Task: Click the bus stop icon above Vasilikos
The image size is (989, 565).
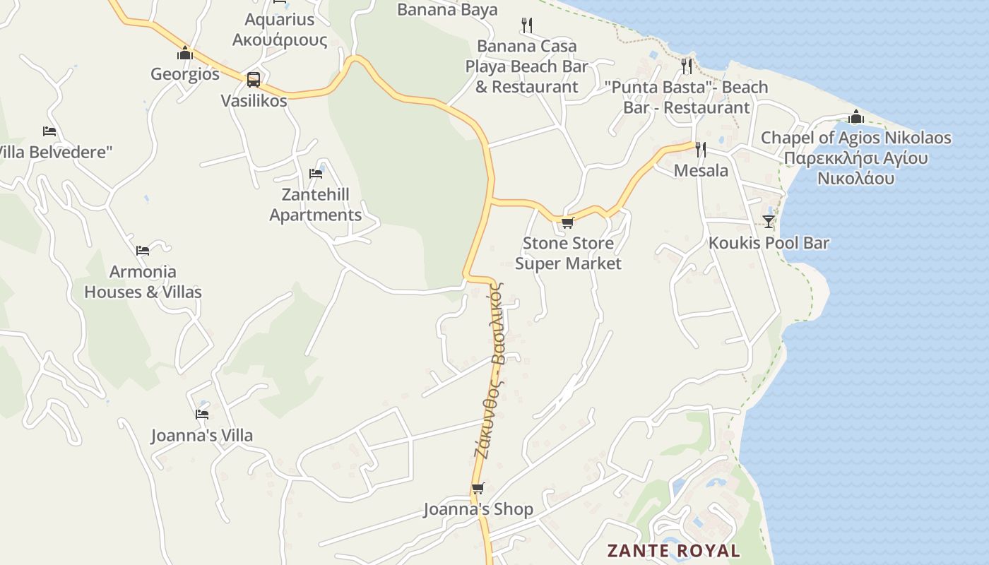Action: click(254, 80)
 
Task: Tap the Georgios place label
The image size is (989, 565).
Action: click(185, 74)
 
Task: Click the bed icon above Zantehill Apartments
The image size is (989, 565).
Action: click(316, 173)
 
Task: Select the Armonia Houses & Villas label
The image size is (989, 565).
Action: click(143, 282)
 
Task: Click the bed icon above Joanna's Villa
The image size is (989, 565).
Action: click(202, 415)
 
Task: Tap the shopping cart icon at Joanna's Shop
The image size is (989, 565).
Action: click(478, 489)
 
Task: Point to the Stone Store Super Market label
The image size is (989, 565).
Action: click(568, 254)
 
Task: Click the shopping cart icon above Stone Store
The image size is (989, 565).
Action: click(567, 222)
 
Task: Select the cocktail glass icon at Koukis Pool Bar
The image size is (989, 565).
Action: click(769, 222)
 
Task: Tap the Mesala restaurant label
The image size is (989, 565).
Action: click(701, 170)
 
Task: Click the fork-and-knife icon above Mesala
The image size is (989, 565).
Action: click(701, 149)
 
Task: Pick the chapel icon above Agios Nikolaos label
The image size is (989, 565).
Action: click(856, 117)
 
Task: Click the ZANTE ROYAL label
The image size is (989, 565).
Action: click(673, 551)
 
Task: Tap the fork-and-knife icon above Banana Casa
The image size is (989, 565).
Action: click(526, 25)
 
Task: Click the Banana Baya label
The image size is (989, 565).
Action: click(447, 10)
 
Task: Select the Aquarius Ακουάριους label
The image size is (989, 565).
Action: click(280, 30)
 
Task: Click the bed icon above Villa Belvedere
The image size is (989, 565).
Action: click(49, 131)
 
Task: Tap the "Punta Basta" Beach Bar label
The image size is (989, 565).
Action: click(686, 97)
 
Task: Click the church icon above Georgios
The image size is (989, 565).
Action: click(185, 53)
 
